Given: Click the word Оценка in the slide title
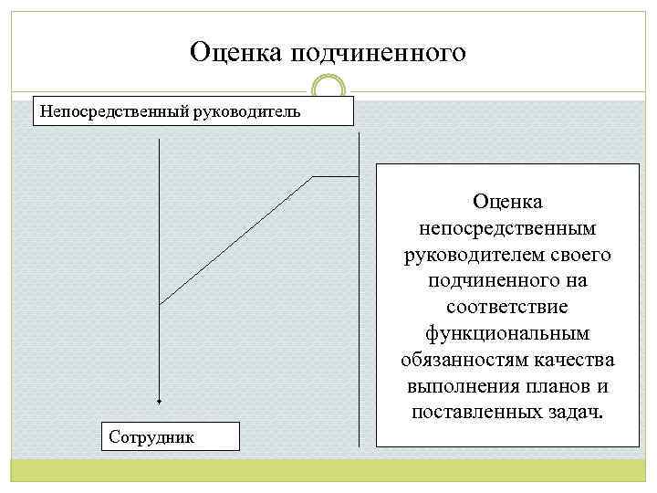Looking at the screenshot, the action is tap(236, 52).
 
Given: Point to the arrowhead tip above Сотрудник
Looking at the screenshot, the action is tap(160, 402).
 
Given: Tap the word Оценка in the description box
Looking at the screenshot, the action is tap(508, 199).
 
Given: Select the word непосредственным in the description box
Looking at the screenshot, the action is tap(508, 226).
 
